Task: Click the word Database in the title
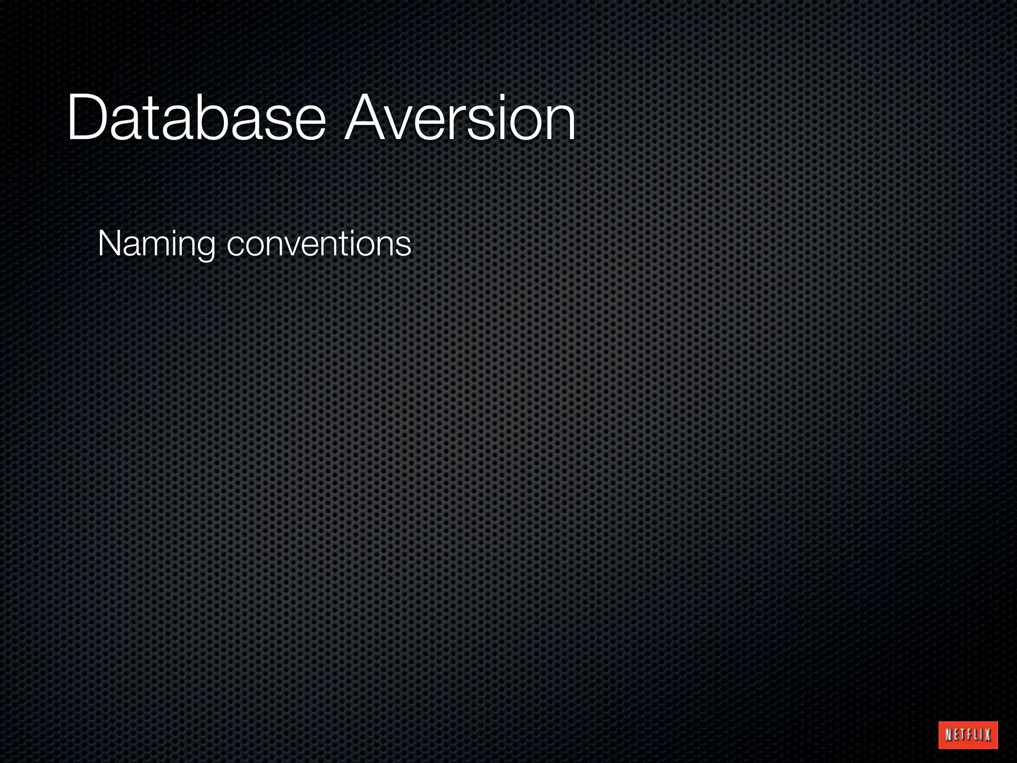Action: [x=196, y=119]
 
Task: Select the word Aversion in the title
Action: [x=460, y=119]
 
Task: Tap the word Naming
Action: [x=156, y=244]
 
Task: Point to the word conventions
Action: [x=319, y=244]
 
